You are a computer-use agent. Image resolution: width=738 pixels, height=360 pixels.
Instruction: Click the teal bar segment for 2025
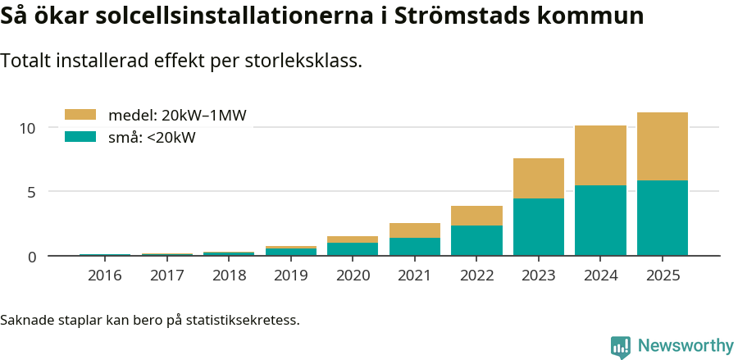click(x=662, y=217)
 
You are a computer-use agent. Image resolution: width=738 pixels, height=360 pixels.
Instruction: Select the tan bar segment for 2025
click(x=662, y=146)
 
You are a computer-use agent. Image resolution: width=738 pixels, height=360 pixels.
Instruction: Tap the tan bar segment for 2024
click(x=600, y=155)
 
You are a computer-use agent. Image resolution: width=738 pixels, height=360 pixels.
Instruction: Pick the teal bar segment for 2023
click(x=538, y=226)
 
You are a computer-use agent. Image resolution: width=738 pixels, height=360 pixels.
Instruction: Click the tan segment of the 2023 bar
click(x=538, y=178)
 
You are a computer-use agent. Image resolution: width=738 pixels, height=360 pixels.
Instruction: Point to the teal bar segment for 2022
click(x=476, y=240)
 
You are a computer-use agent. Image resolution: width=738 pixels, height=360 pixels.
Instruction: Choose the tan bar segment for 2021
click(x=414, y=230)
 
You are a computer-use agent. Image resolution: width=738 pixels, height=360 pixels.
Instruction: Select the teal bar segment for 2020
click(x=353, y=249)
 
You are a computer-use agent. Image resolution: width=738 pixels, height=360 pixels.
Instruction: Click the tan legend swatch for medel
click(x=80, y=115)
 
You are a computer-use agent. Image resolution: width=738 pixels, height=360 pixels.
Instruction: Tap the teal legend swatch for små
click(x=80, y=137)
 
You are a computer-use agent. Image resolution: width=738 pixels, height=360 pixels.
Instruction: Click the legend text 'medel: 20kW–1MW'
click(x=177, y=115)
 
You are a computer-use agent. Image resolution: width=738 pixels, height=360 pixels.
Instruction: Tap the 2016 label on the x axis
click(x=105, y=276)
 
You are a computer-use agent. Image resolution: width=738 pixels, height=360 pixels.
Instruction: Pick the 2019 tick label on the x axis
click(x=290, y=276)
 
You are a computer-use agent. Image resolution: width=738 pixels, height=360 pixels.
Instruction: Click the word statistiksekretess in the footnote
click(x=242, y=319)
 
